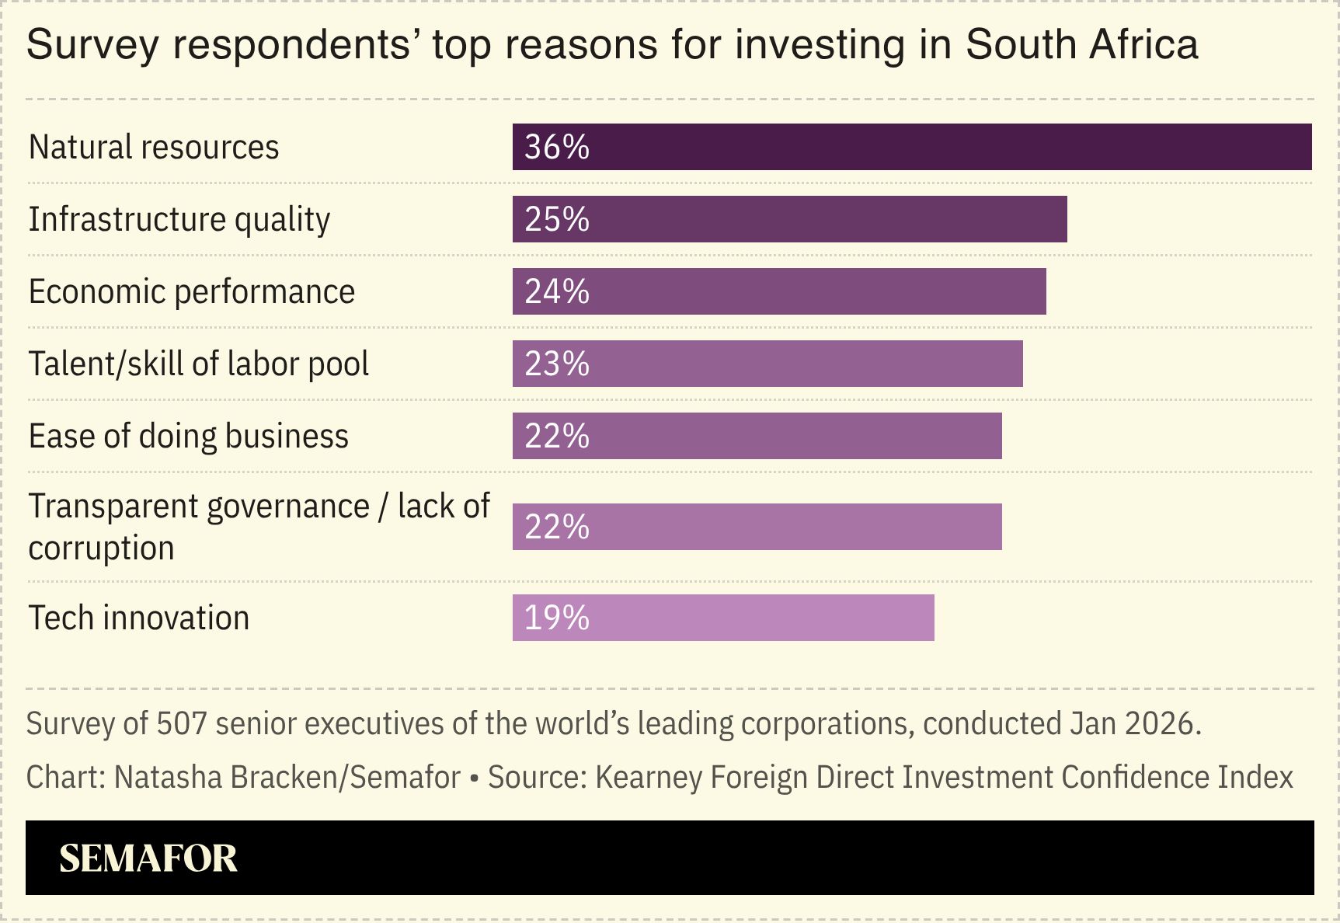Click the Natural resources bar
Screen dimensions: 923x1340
(911, 147)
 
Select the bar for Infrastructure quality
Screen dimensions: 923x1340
(789, 219)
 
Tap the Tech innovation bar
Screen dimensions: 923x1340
(722, 618)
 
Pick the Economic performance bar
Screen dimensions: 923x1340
(778, 291)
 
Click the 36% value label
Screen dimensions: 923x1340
(557, 147)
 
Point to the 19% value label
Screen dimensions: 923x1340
(557, 618)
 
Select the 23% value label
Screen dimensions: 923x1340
(557, 364)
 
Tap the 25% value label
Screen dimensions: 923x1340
(557, 219)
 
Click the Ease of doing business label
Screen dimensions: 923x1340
(189, 436)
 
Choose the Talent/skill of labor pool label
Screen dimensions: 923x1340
(199, 364)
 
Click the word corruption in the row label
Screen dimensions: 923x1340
(101, 548)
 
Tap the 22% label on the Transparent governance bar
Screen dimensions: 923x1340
(557, 527)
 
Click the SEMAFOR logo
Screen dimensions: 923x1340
(148, 858)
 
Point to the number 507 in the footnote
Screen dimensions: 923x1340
(182, 723)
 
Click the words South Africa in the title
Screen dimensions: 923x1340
(1081, 44)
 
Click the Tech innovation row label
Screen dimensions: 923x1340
(139, 618)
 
